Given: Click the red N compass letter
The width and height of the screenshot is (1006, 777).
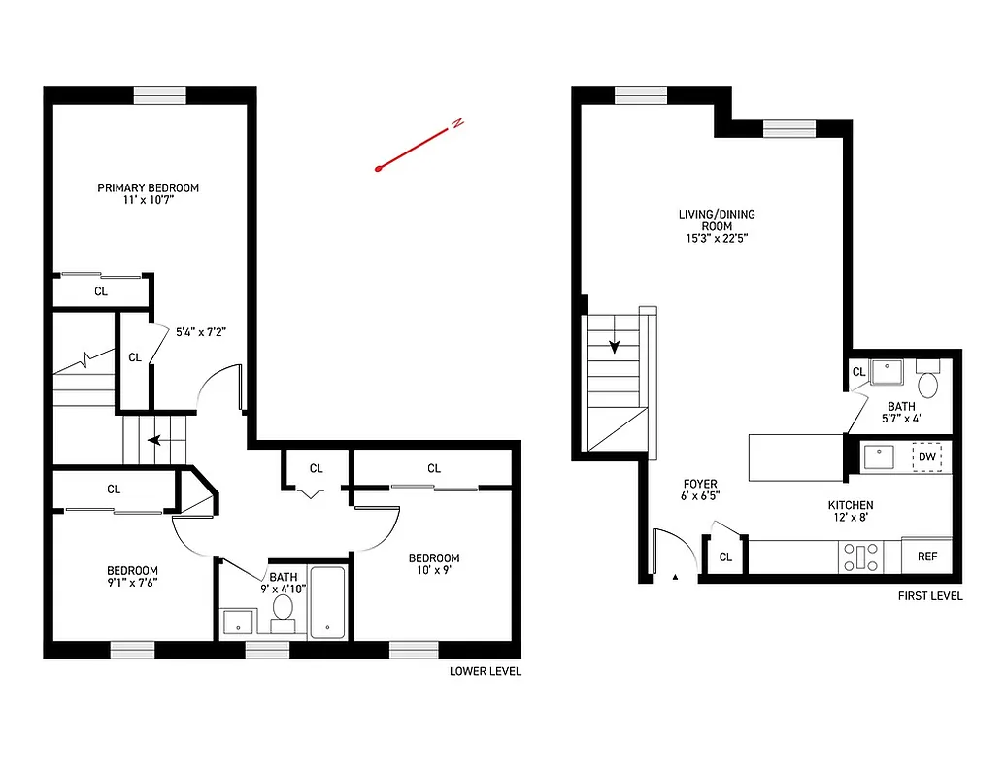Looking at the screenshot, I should point(456,123).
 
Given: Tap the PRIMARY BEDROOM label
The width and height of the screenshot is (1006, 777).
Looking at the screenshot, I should point(148,187).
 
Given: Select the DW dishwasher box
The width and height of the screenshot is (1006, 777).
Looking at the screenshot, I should point(927,456).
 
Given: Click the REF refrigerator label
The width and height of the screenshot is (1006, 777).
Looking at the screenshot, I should point(927,557).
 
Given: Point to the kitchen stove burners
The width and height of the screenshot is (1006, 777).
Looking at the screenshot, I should point(861,557).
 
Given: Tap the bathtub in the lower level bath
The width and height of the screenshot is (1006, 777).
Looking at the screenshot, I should point(327,602).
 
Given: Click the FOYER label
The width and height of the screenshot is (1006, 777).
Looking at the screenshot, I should point(700,483).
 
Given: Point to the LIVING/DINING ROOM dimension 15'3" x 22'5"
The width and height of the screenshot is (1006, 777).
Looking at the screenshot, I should point(717,238).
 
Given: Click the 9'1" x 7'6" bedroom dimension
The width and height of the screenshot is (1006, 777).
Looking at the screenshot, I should point(132,583).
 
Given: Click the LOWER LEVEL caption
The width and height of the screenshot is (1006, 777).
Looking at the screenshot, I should point(485,671).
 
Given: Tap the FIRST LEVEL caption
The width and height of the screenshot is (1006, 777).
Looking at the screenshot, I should point(930,595).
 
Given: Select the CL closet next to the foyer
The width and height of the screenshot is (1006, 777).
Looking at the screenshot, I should point(725,557).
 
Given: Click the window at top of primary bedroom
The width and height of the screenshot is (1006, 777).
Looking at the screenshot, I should point(159,95).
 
